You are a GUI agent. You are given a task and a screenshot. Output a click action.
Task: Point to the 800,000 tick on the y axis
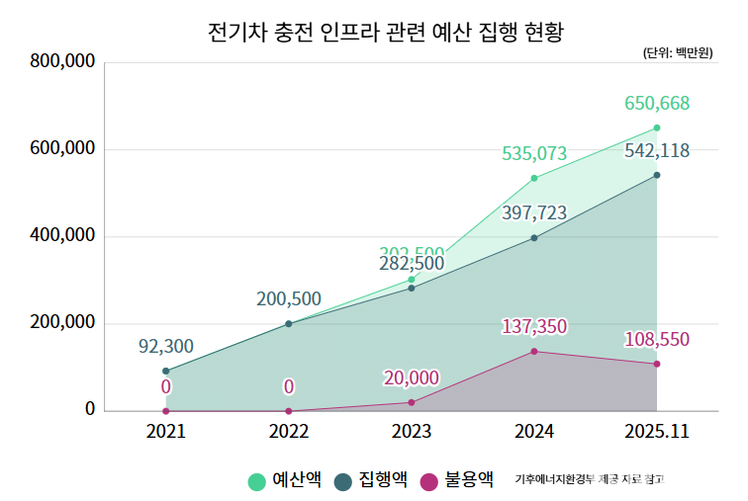coord(62,62)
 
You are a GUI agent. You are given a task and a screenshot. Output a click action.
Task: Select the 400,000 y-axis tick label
coord(62,236)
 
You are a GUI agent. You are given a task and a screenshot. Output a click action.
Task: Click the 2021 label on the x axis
coord(165,432)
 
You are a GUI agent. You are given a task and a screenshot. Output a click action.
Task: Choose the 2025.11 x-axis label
coord(656,432)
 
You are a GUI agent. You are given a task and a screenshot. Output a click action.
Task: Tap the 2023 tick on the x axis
coord(411,432)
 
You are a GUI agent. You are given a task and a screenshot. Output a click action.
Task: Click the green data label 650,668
coord(656,104)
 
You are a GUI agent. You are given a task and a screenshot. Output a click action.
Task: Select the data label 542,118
coord(656,151)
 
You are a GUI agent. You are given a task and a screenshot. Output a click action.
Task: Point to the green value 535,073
coord(534,154)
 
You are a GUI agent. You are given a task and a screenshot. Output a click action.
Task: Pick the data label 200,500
coord(288,299)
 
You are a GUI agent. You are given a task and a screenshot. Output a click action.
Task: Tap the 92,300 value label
coord(165,347)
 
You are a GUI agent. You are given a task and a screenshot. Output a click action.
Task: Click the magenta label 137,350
coord(534,327)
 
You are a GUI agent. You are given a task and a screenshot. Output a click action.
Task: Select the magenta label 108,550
coord(656,340)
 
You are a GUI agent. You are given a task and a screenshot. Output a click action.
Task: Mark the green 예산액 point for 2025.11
coord(656,128)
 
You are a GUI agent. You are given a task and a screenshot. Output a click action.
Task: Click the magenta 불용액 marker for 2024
coord(534,352)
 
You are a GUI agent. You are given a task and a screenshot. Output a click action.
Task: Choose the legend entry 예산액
coord(284,481)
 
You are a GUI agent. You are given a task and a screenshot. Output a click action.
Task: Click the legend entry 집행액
coord(371,481)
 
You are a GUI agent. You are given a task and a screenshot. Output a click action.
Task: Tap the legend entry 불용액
coord(457,481)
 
